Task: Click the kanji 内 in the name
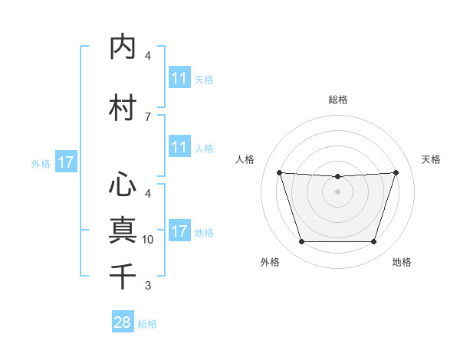click(123, 47)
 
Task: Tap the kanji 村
click(123, 108)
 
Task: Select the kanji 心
click(123, 185)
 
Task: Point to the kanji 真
click(123, 230)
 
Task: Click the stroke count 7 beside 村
click(148, 116)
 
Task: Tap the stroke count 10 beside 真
click(148, 239)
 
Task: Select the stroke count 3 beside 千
click(148, 286)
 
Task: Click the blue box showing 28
click(123, 322)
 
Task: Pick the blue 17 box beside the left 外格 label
click(65, 162)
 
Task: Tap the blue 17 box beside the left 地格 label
click(179, 232)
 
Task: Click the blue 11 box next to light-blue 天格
click(179, 78)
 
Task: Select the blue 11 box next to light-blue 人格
click(179, 148)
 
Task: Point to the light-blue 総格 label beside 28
click(147, 324)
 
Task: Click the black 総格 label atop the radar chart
click(337, 100)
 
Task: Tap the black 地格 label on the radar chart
click(402, 262)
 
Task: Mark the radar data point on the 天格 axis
click(396, 172)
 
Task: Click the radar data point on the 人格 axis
click(279, 172)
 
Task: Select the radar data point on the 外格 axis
click(301, 242)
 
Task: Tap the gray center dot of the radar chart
click(337, 191)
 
